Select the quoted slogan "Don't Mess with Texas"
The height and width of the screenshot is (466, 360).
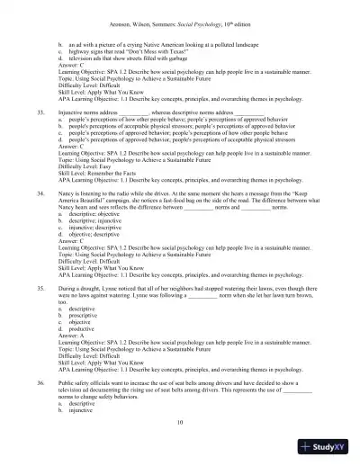[x=131, y=53]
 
